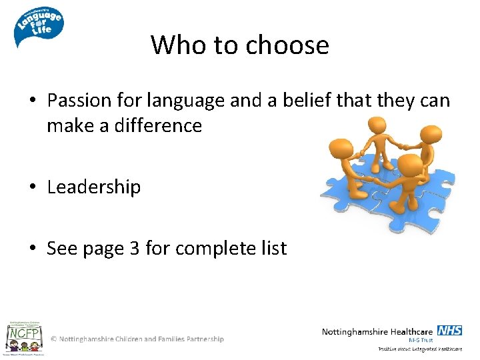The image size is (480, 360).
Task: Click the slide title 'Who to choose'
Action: pyautogui.click(x=240, y=45)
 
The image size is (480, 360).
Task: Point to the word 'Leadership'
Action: pyautogui.click(x=94, y=187)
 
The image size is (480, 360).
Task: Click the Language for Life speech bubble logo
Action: pyautogui.click(x=38, y=25)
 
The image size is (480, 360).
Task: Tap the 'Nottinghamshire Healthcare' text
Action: pyautogui.click(x=377, y=331)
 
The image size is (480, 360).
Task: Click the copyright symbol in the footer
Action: pyautogui.click(x=54, y=339)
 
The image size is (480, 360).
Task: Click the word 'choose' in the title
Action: pyautogui.click(x=287, y=45)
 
